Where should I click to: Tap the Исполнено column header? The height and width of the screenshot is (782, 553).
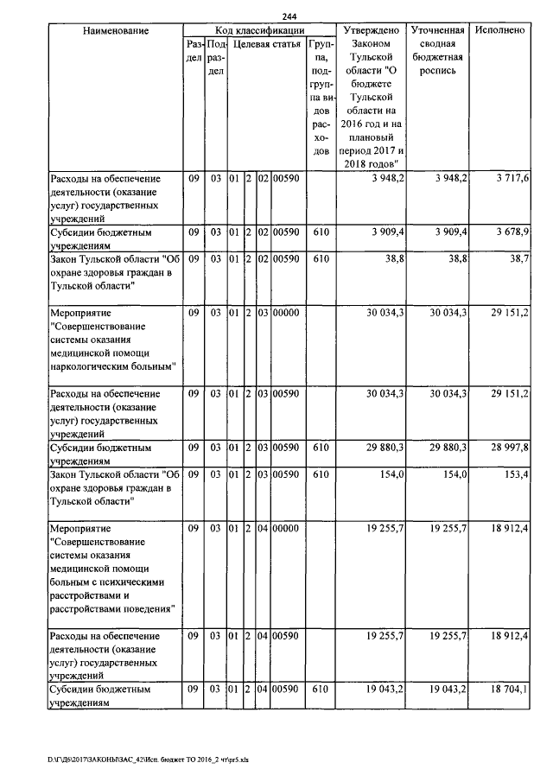tap(500, 30)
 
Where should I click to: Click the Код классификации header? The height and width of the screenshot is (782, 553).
tap(259, 30)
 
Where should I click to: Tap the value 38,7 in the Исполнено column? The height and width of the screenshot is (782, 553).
tap(518, 258)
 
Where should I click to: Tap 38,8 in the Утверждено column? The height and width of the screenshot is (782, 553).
tap(391, 258)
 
